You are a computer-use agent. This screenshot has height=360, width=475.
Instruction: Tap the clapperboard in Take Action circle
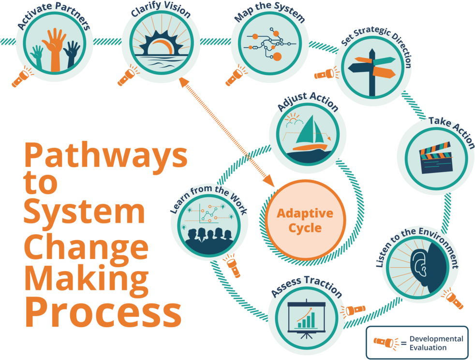(x=435, y=158)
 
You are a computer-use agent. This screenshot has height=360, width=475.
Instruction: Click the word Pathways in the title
(x=105, y=155)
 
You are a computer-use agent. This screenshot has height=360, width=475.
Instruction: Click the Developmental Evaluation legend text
(x=436, y=343)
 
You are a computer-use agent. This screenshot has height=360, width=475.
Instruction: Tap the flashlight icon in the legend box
(x=386, y=343)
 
